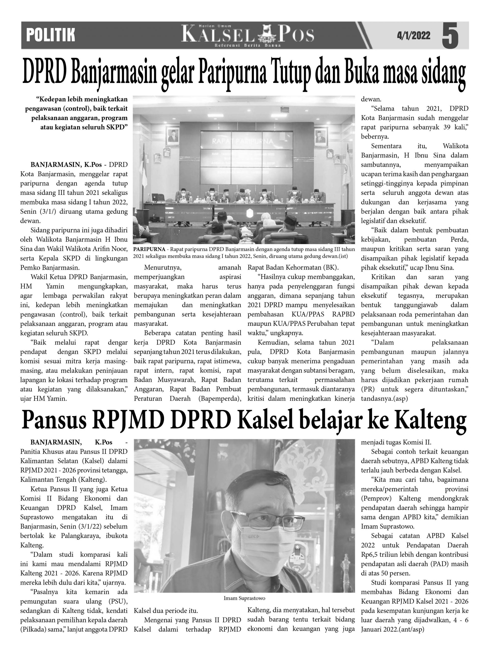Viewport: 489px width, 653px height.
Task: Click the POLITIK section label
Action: (51, 35)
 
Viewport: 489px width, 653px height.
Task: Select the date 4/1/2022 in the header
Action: (413, 36)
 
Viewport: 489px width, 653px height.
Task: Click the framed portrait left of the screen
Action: (172, 136)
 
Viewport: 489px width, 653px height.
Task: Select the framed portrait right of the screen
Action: (321, 136)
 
